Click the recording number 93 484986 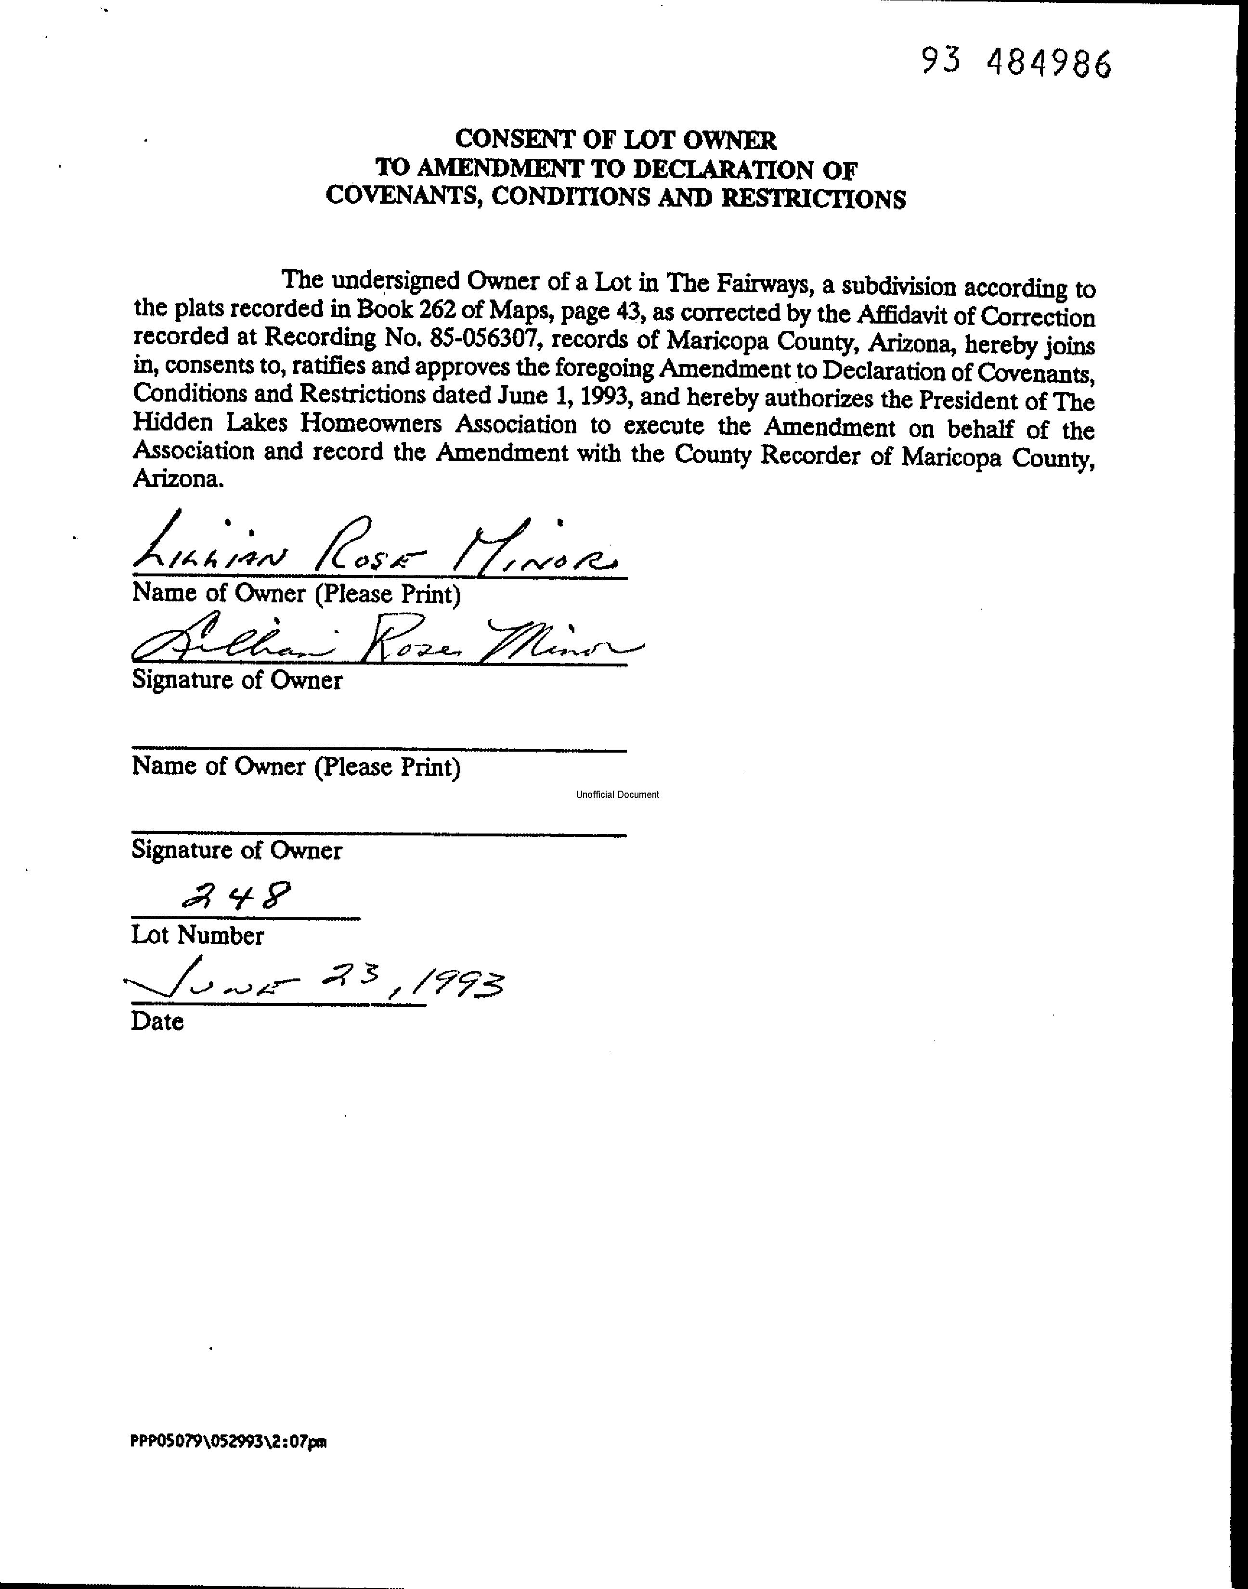click(1015, 64)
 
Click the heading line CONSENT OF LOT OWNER click(615, 139)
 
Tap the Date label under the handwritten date click(157, 1021)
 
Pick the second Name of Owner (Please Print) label click(296, 767)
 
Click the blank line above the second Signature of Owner click(378, 834)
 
